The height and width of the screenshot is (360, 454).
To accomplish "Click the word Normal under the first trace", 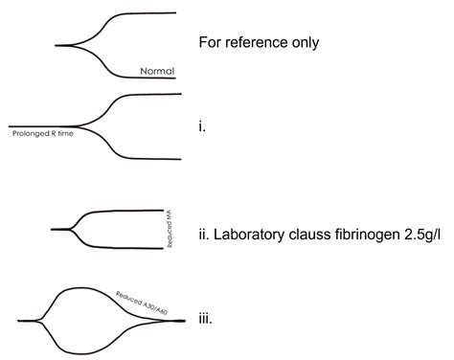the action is coord(155,71).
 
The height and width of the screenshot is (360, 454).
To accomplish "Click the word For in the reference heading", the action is coord(210,43).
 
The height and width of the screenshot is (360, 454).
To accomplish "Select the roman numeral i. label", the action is coord(201,125).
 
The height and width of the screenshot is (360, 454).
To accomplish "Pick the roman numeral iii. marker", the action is coord(204,322).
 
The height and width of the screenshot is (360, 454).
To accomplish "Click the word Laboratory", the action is coord(256,230).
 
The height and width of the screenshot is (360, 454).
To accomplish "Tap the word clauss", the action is coord(326,230).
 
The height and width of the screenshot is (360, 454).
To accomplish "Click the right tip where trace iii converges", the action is coord(182,320).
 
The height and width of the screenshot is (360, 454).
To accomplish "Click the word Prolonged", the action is coord(30,134).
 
